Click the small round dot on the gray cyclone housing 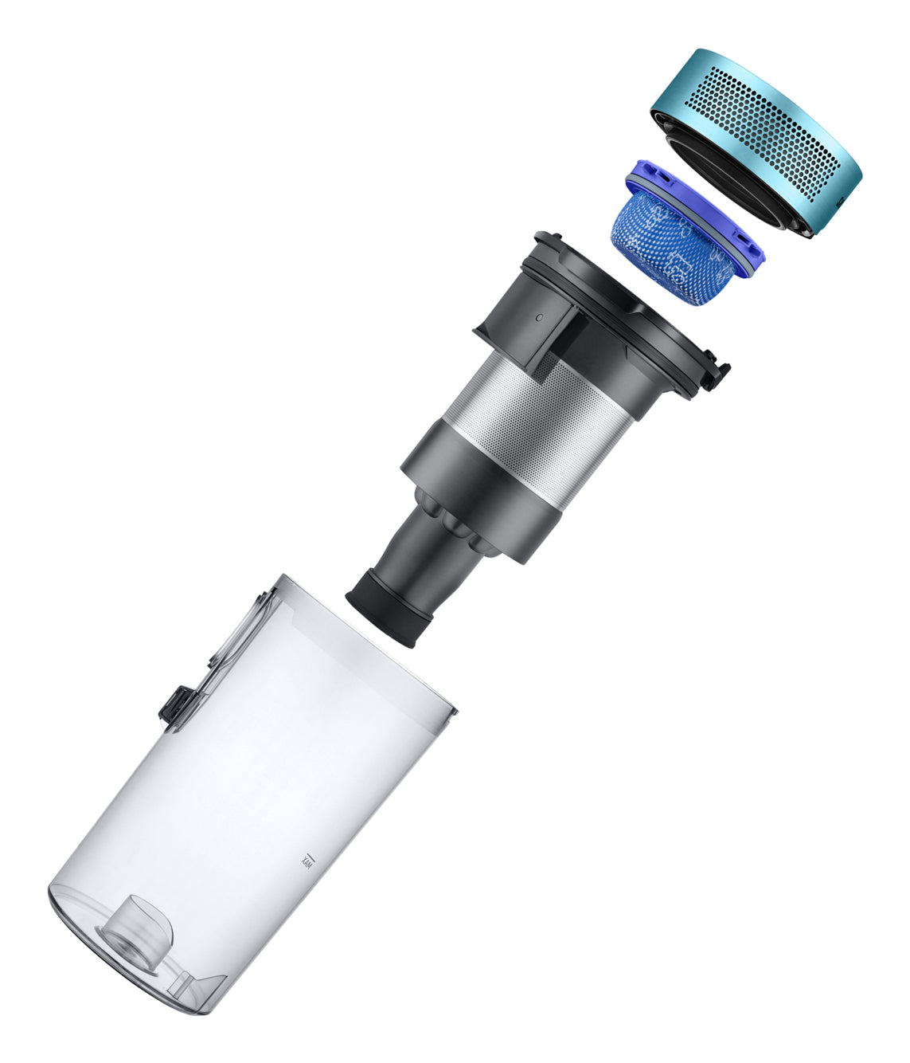(538, 317)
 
